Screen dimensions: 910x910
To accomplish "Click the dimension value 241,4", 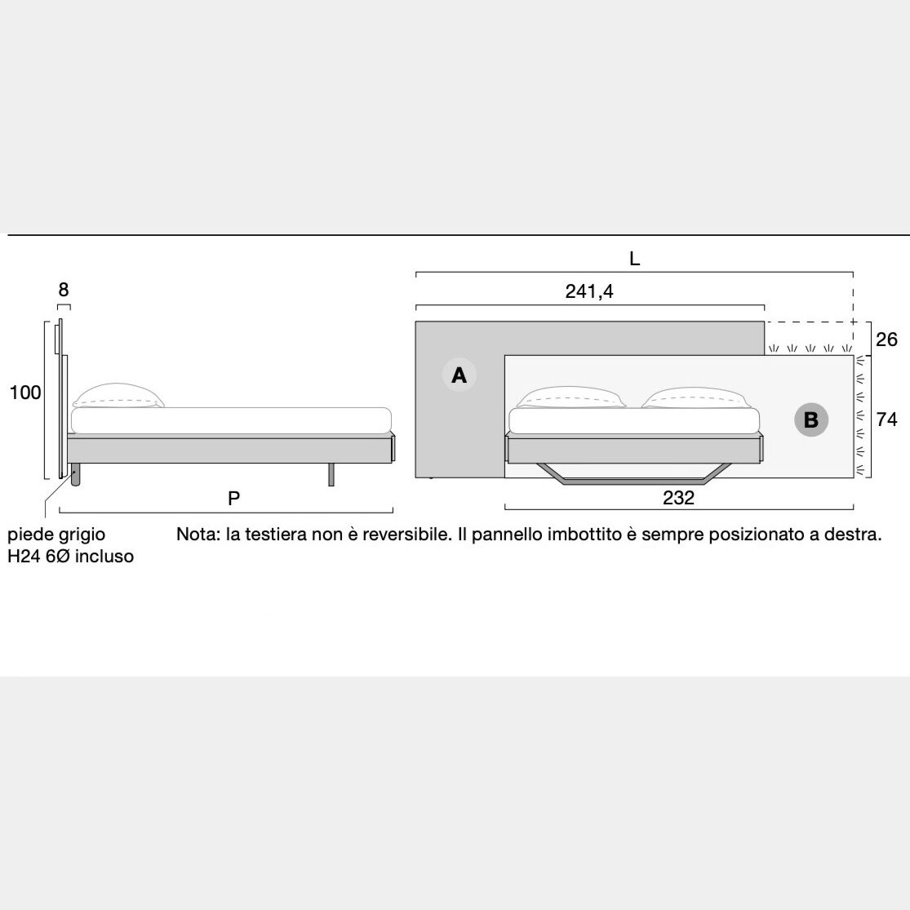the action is point(589,291).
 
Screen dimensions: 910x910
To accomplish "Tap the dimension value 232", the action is point(678,498).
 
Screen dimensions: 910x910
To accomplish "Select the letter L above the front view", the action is point(634,259).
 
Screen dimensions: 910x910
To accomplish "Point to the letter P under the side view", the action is point(234,499).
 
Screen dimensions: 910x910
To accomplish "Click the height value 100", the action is point(25,393).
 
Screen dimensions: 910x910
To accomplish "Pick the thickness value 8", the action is point(64,289).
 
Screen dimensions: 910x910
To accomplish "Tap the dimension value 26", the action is point(886,339).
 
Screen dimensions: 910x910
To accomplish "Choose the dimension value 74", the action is point(886,419).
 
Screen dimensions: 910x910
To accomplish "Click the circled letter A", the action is point(459,375).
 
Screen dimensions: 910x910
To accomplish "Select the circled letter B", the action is point(811,419).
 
